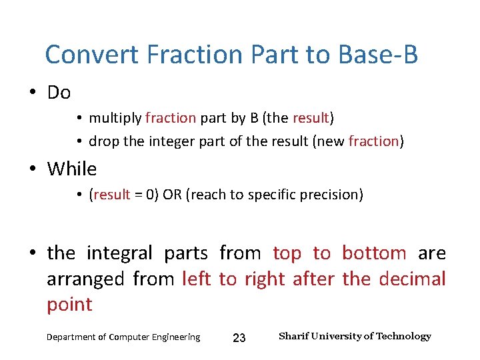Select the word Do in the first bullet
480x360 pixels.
59,93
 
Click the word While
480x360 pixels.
71,169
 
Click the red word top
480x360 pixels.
287,253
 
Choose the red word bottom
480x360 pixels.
373,253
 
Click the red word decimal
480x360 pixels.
412,279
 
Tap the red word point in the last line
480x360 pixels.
69,305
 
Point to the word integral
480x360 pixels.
120,253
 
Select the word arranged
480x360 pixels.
85,279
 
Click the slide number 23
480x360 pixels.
239,338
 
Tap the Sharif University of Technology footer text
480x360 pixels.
355,336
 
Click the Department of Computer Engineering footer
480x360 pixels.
123,337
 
